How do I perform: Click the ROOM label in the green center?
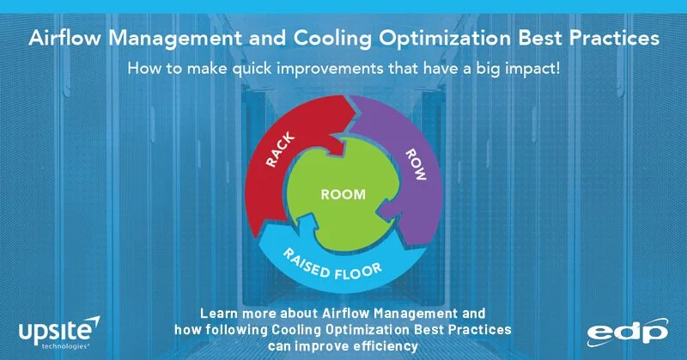(343, 194)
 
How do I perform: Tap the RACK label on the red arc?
(281, 150)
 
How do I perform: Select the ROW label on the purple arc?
(416, 164)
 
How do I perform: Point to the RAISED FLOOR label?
(332, 265)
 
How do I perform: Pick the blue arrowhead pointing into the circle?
(309, 223)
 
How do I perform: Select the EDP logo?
(628, 333)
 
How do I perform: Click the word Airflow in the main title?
(64, 38)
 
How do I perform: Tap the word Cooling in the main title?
(332, 39)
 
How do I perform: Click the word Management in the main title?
(175, 39)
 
